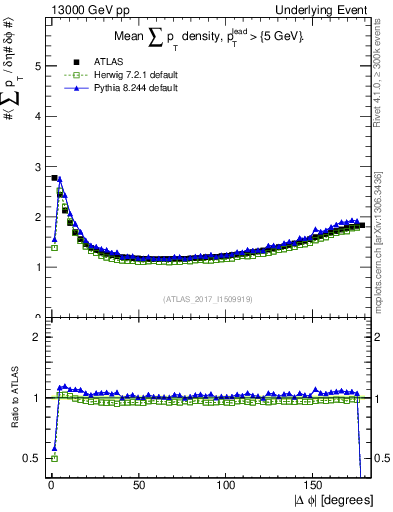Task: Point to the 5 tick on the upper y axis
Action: click(37, 66)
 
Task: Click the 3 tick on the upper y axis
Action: click(37, 167)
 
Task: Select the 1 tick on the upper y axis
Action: click(37, 267)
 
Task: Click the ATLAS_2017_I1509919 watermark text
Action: click(208, 297)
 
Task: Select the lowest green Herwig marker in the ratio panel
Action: click(53, 458)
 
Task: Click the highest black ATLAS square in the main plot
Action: click(53, 178)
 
